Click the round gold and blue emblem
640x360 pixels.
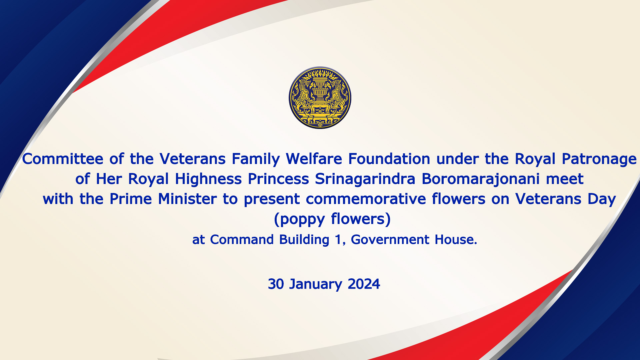pyautogui.click(x=320, y=98)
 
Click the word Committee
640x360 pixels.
pyautogui.click(x=63, y=159)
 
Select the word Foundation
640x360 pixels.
pyautogui.click(x=389, y=159)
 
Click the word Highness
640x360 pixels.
pyautogui.click(x=208, y=179)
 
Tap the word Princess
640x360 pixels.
pyautogui.click(x=278, y=179)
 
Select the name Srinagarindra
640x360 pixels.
pyautogui.click(x=365, y=179)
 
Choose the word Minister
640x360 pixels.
pyautogui.click(x=187, y=199)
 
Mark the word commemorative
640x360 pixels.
pyautogui.click(x=366, y=199)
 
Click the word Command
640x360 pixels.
pyautogui.click(x=242, y=240)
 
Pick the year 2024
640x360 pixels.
pyautogui.click(x=364, y=284)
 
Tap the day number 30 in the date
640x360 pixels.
pyautogui.click(x=276, y=284)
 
